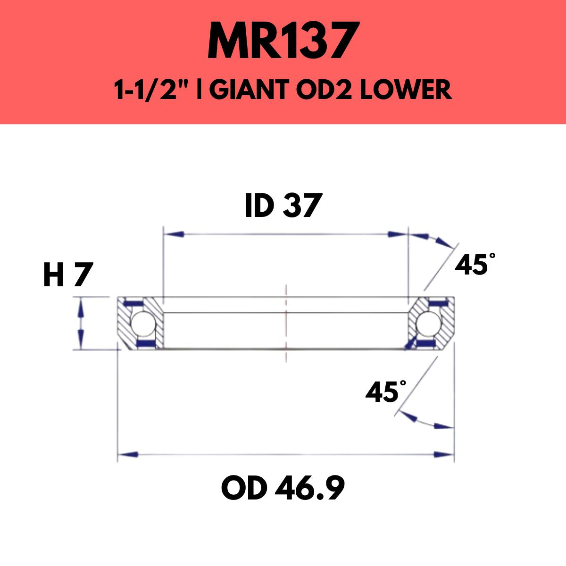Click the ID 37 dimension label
283,206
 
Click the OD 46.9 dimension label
283,489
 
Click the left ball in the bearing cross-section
140,324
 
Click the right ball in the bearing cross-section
428,324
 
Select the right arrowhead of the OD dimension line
443,455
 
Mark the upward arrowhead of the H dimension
81,307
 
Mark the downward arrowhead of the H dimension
81,341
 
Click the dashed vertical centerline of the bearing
286,325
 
